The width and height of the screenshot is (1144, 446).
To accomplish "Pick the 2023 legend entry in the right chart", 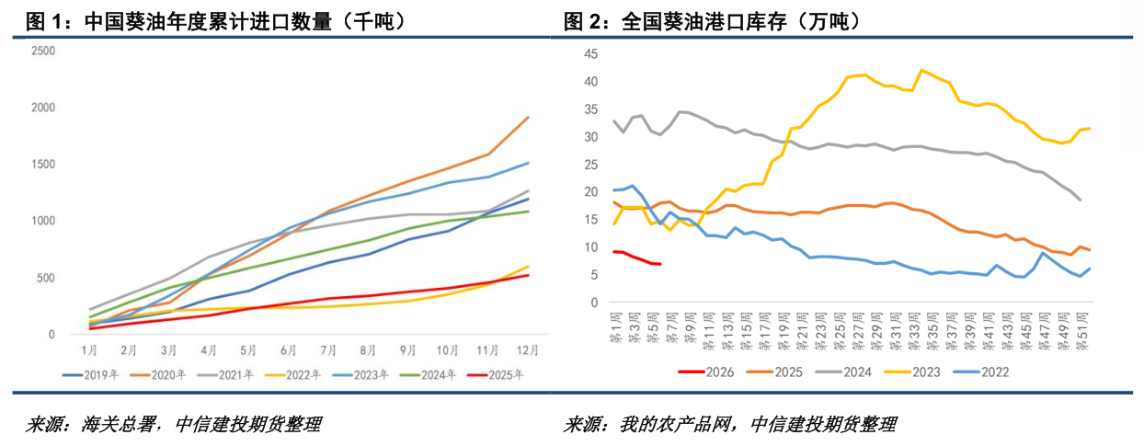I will [922, 372].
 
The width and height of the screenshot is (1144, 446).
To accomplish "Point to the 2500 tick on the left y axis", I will [42, 51].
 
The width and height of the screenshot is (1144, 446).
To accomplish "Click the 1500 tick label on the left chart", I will [42, 165].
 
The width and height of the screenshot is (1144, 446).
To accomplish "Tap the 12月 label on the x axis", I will [528, 350].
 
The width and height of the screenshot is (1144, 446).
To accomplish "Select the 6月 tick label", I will [290, 350].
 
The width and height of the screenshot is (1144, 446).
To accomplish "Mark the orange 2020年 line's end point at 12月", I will [528, 117].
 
